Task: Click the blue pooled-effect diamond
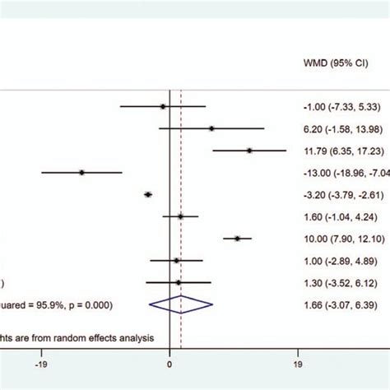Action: tap(180, 304)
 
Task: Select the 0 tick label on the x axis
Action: tap(169, 360)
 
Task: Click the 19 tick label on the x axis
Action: tap(298, 360)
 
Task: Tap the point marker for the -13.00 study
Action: tap(81, 172)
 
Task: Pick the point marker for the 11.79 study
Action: tap(249, 150)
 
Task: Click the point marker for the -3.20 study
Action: tap(148, 194)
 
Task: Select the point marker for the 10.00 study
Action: tap(237, 239)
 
